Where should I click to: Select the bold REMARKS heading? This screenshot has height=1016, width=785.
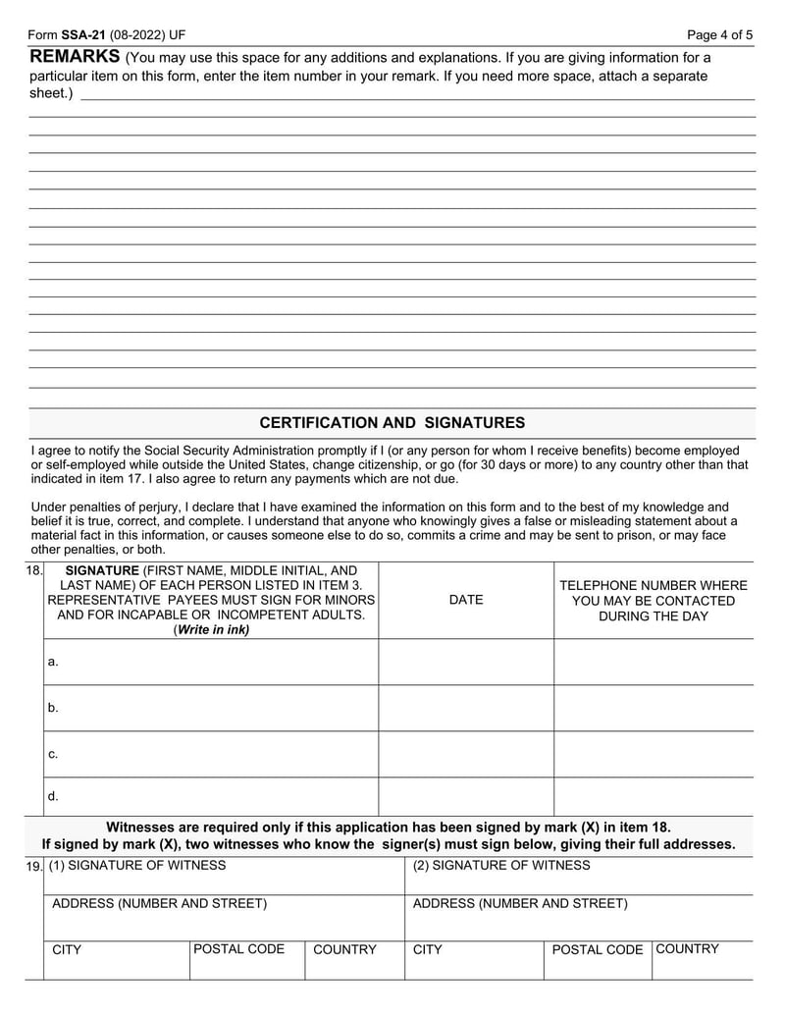point(75,55)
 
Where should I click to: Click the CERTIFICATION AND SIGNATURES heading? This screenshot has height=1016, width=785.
point(392,423)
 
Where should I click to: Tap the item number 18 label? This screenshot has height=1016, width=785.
point(33,570)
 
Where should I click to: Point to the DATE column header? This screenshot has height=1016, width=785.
point(466,600)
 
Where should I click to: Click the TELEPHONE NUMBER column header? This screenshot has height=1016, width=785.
point(653,586)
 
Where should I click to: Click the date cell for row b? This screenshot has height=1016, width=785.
point(466,708)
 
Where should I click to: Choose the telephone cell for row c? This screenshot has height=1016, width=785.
point(654,754)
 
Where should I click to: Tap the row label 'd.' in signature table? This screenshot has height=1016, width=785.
point(53,796)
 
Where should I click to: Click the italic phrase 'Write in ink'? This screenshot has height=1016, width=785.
point(211,630)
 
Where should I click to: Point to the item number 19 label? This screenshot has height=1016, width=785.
point(33,866)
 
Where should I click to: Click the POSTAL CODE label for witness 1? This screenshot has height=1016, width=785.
point(239,949)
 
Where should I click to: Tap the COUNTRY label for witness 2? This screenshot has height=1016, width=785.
point(687,949)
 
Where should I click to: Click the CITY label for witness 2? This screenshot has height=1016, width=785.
point(428,950)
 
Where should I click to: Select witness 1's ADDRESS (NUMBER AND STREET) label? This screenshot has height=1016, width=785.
point(159,903)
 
